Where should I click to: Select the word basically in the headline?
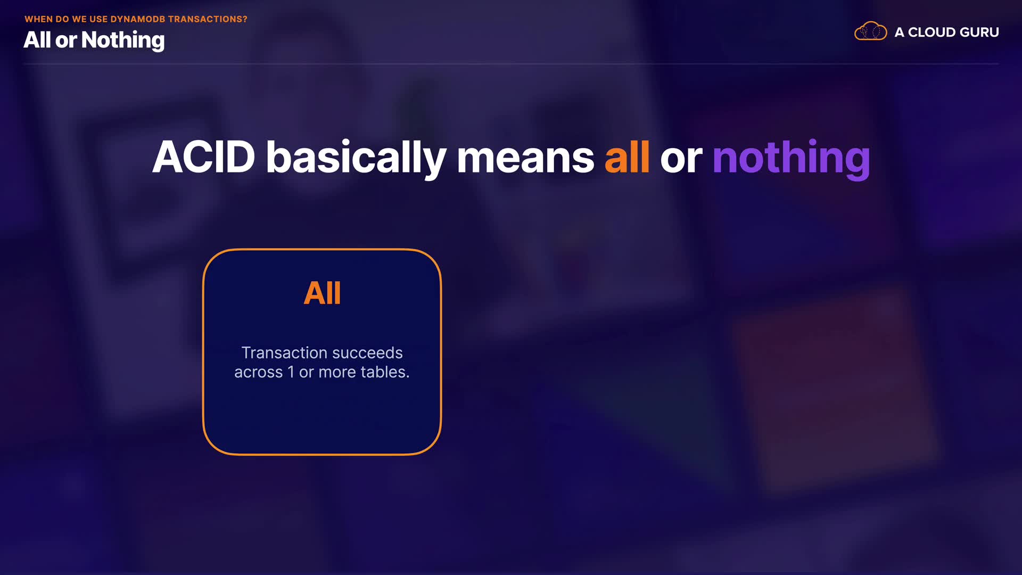pyautogui.click(x=356, y=158)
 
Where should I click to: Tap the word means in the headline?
pyautogui.click(x=525, y=158)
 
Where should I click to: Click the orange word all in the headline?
pyautogui.click(x=627, y=157)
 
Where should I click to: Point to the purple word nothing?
pyautogui.click(x=791, y=159)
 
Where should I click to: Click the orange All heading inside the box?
pyautogui.click(x=322, y=293)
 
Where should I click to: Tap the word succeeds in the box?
pyautogui.click(x=367, y=352)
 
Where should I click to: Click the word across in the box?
pyautogui.click(x=258, y=372)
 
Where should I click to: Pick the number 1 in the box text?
pyautogui.click(x=291, y=372)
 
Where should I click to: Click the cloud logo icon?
pyautogui.click(x=870, y=32)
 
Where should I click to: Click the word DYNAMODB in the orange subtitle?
pyautogui.click(x=138, y=19)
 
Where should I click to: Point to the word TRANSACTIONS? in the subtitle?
pyautogui.click(x=208, y=19)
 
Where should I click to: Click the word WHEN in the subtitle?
pyautogui.click(x=38, y=19)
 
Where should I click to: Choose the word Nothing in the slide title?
pyautogui.click(x=123, y=40)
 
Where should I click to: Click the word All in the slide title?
pyautogui.click(x=37, y=40)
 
